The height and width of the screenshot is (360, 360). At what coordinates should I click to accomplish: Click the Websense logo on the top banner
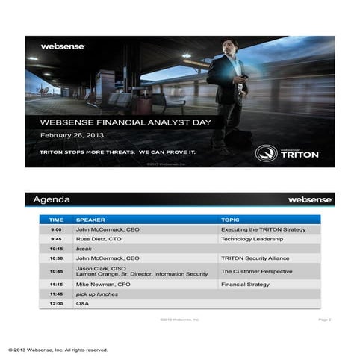(63, 46)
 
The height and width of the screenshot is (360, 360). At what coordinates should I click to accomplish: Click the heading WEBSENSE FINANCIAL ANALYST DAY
(125, 122)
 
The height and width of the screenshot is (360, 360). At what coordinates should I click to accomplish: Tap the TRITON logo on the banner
(288, 153)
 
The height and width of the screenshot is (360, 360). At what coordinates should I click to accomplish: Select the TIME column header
(56, 220)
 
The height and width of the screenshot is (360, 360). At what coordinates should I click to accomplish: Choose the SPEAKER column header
(91, 220)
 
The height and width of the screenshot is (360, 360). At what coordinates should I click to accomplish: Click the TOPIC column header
(230, 220)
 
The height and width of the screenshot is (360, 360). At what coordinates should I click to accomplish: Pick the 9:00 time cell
(56, 229)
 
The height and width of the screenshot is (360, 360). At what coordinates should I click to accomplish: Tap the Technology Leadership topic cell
(252, 239)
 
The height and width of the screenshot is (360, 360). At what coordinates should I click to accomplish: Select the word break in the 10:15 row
(83, 248)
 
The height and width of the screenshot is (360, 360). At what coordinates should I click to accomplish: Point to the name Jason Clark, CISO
(101, 268)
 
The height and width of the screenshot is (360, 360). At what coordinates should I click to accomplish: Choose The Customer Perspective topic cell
(256, 271)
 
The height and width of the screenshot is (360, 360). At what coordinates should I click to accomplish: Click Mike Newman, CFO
(104, 285)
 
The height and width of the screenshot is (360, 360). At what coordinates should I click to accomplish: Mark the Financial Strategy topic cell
(244, 285)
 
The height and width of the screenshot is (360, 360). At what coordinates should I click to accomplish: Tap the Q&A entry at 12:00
(82, 304)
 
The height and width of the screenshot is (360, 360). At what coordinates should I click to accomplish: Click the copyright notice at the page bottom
(58, 350)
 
